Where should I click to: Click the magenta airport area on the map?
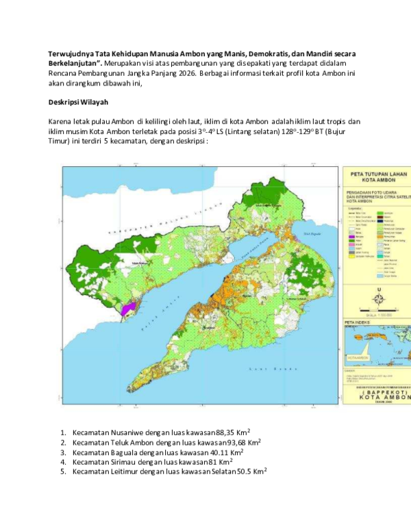coord(127,309)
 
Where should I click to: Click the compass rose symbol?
coord(377,298)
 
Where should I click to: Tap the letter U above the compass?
coord(377,289)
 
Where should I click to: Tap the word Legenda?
coord(354,208)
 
